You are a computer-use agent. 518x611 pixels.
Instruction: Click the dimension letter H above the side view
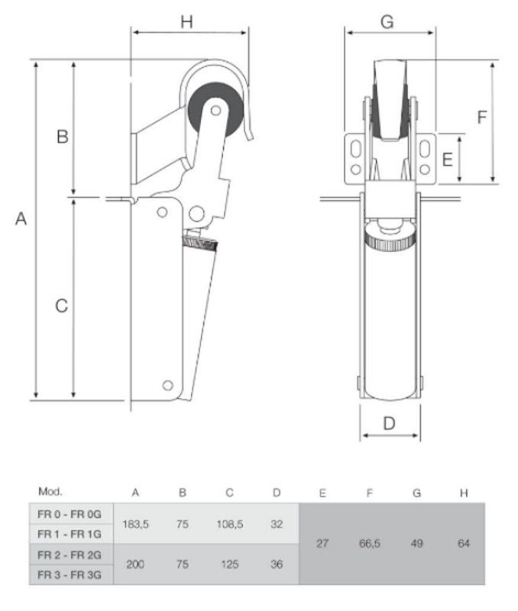(186, 22)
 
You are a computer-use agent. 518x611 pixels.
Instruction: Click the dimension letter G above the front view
(387, 22)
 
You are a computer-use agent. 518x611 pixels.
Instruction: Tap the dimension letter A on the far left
(21, 218)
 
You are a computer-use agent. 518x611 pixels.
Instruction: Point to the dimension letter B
(63, 137)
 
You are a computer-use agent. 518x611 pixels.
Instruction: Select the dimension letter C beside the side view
(62, 306)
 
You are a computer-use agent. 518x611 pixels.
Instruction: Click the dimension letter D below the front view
(390, 423)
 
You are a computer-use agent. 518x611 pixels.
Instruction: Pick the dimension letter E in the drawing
(448, 160)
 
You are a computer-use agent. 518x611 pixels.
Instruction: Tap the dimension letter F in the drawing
(482, 117)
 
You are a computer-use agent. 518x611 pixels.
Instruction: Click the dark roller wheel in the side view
(215, 110)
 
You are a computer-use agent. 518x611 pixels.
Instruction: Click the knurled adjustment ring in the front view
(390, 238)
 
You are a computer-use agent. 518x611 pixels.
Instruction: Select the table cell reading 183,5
(136, 524)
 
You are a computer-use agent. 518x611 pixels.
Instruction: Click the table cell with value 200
(135, 564)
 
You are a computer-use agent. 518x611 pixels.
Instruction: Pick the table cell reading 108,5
(230, 524)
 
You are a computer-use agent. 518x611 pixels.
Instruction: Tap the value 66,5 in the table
(370, 543)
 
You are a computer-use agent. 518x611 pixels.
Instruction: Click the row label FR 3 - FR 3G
(70, 574)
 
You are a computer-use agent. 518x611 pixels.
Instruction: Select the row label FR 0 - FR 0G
(70, 514)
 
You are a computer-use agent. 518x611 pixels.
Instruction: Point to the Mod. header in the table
(50, 491)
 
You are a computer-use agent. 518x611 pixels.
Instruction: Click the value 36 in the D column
(277, 564)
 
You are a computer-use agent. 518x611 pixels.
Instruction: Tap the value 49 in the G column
(416, 543)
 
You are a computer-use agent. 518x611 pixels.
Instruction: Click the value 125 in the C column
(230, 564)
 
